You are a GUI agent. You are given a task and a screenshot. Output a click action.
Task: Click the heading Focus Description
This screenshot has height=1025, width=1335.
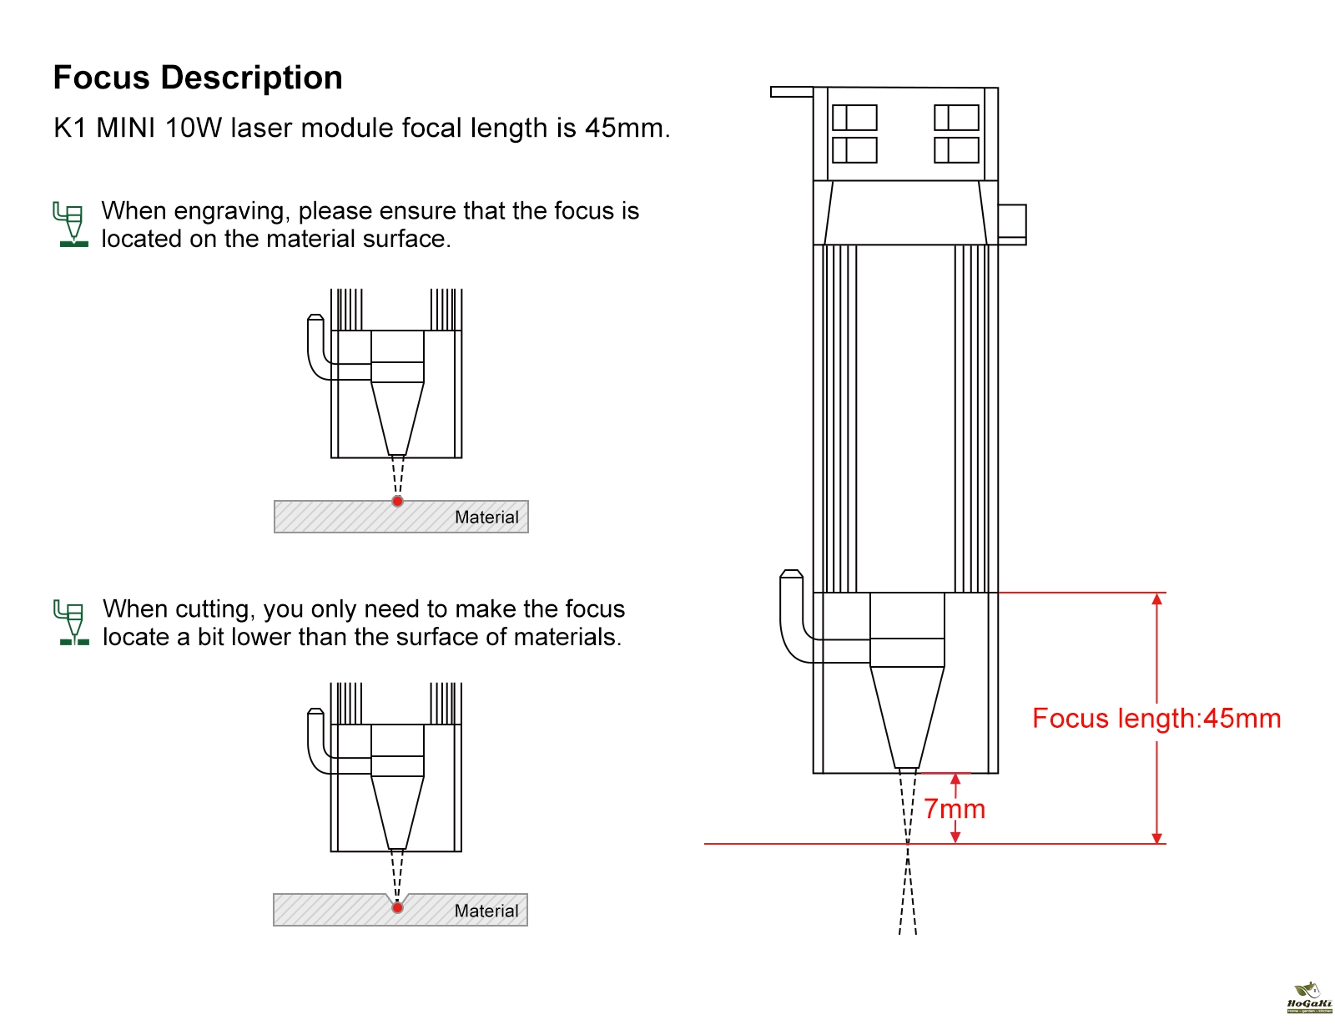coord(198,78)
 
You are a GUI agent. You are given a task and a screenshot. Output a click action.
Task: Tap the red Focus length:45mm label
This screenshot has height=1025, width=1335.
coord(1156,719)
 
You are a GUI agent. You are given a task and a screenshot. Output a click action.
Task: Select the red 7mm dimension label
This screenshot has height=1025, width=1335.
coord(955,809)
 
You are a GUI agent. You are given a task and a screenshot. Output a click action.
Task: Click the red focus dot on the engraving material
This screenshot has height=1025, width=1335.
coord(398,501)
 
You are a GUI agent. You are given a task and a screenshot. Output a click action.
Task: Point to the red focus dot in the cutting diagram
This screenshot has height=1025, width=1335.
coord(398,907)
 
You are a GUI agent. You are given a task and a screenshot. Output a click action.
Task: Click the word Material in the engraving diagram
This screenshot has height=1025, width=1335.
coord(486,518)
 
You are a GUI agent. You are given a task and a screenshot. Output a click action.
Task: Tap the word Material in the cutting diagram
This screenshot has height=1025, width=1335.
coord(486,911)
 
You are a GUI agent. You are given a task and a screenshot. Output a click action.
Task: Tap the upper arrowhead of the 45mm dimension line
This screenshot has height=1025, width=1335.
coord(1156,598)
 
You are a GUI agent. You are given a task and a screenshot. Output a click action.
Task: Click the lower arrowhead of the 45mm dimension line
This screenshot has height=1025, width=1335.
coord(1156,838)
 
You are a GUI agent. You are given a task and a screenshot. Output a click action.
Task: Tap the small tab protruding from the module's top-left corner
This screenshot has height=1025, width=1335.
coord(791,92)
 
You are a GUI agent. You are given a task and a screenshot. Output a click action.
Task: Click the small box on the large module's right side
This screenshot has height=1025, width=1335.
coord(1012,224)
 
